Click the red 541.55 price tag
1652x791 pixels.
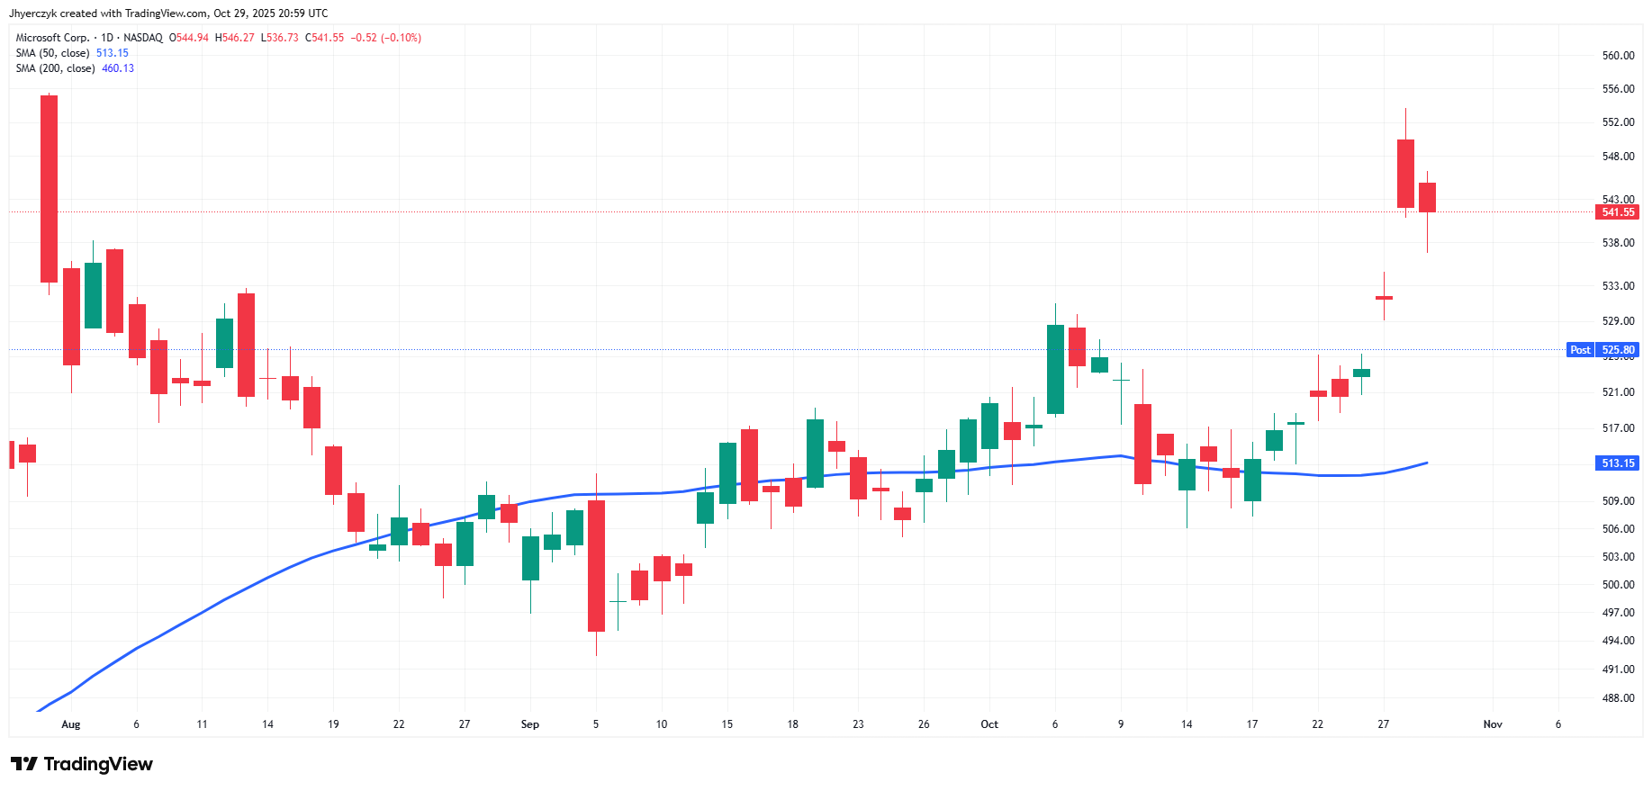pyautogui.click(x=1617, y=212)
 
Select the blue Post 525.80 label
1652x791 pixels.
pyautogui.click(x=1603, y=350)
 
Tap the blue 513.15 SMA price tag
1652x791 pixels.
pyautogui.click(x=1617, y=463)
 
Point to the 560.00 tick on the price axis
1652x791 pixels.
pyautogui.click(x=1618, y=56)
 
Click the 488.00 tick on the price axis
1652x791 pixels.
pyautogui.click(x=1618, y=698)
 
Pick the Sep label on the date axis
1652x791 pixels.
pyautogui.click(x=529, y=724)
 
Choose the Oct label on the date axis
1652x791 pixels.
pyautogui.click(x=989, y=724)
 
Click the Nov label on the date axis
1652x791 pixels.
pyautogui.click(x=1493, y=724)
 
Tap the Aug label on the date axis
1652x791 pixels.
pyautogui.click(x=71, y=724)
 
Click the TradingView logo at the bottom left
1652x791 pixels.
pyautogui.click(x=82, y=764)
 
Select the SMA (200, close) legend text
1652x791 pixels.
pyautogui.click(x=55, y=68)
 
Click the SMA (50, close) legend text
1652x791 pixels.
pyautogui.click(x=52, y=53)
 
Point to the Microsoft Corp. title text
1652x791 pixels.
pyautogui.click(x=52, y=38)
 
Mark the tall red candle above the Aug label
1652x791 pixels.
pyautogui.click(x=50, y=189)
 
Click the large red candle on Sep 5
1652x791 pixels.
pyautogui.click(x=596, y=565)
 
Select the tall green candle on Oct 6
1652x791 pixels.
pyautogui.click(x=1055, y=369)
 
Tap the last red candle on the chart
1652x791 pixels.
pyautogui.click(x=1427, y=197)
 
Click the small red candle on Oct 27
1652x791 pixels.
pyautogui.click(x=1384, y=298)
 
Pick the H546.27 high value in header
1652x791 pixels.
pyautogui.click(x=234, y=38)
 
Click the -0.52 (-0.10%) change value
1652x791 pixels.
pyautogui.click(x=385, y=38)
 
